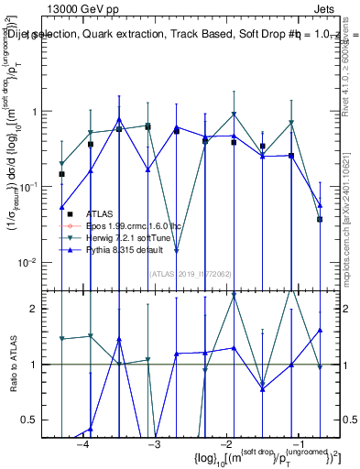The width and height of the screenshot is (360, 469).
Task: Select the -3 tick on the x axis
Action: pyautogui.click(x=154, y=445)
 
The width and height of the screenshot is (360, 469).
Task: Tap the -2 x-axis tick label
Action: pyautogui.click(x=225, y=445)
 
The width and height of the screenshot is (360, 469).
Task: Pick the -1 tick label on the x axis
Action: pyautogui.click(x=297, y=445)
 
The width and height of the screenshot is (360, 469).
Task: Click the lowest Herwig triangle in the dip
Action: pyautogui.click(x=177, y=250)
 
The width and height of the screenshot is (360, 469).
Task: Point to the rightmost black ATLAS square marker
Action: pyautogui.click(x=320, y=219)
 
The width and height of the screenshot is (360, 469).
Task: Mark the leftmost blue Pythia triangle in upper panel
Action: pyautogui.click(x=62, y=207)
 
